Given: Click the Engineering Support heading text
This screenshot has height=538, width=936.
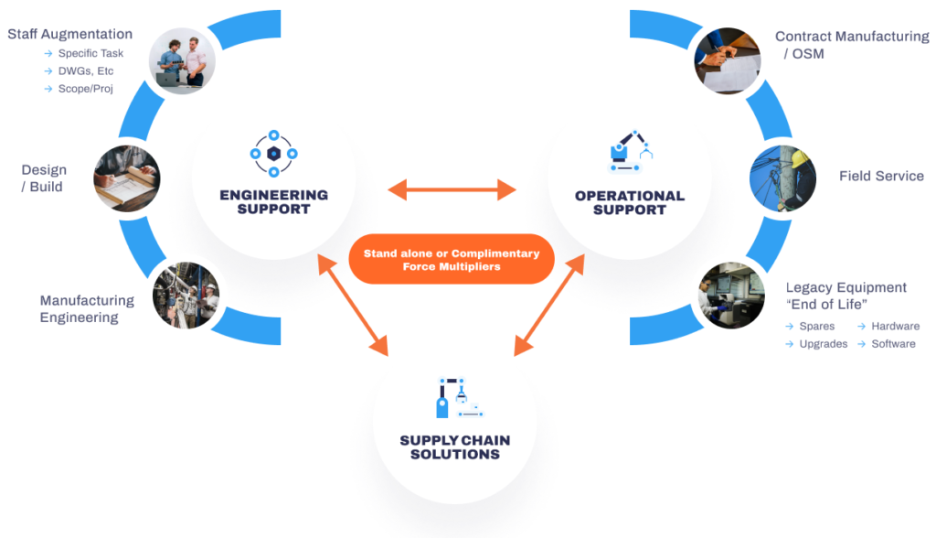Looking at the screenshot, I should click(273, 202).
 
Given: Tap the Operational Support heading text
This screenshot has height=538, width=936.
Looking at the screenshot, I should click(629, 202).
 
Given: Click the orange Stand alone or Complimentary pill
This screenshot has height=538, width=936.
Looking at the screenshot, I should click(452, 260).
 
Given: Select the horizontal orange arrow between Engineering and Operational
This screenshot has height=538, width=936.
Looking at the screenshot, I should click(452, 190).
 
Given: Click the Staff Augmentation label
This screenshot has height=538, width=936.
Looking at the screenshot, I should click(70, 35).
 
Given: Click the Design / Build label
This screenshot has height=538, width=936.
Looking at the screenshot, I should click(44, 178).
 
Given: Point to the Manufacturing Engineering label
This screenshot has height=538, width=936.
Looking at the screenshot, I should click(86, 309).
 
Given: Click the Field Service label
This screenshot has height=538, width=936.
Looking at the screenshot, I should click(881, 176).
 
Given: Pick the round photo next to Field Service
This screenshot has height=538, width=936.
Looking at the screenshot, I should click(778, 176).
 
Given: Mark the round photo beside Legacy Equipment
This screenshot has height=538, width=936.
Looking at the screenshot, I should click(729, 296).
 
